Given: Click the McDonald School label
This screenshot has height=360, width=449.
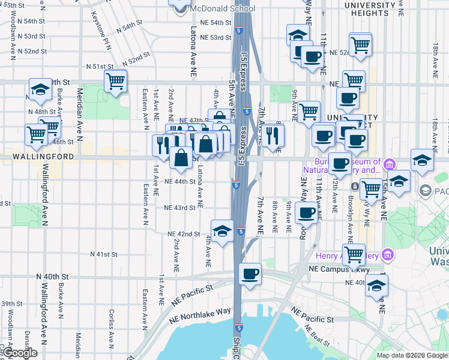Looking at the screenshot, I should [222, 9].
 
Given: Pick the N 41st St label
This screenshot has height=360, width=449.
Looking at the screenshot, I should [103, 254].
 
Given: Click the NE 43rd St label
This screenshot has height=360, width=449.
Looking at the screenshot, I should [179, 208].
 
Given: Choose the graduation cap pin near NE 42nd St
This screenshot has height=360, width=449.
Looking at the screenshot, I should [222, 230].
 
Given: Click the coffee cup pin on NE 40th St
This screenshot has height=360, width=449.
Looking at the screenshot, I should [250, 274].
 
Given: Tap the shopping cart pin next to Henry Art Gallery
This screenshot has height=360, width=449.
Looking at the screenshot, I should [354, 254].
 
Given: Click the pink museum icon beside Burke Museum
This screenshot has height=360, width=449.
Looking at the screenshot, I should [388, 164].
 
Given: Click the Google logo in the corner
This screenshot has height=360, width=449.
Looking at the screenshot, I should [20, 352].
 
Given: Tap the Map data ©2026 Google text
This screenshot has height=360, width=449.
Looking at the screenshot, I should [412, 355].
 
